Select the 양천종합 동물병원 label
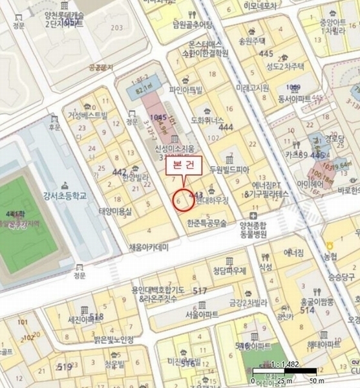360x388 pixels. coord(257,229)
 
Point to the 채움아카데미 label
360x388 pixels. coord(148,247)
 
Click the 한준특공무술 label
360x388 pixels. coord(206,223)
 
